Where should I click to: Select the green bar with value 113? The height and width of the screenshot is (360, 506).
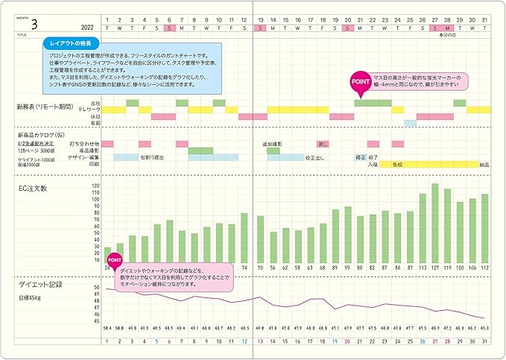pyautogui.click(x=423, y=227)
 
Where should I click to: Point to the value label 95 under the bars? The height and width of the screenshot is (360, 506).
pyautogui.click(x=347, y=267)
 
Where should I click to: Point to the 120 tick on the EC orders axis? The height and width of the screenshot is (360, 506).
pyautogui.click(x=95, y=186)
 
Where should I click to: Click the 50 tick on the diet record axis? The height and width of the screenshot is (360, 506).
pyautogui.click(x=96, y=288)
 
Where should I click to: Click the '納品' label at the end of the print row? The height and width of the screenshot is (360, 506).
pyautogui.click(x=484, y=164)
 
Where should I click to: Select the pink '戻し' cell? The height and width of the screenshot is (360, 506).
pyautogui.click(x=323, y=144)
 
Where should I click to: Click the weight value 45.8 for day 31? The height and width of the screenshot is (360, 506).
pyautogui.click(x=484, y=328)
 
